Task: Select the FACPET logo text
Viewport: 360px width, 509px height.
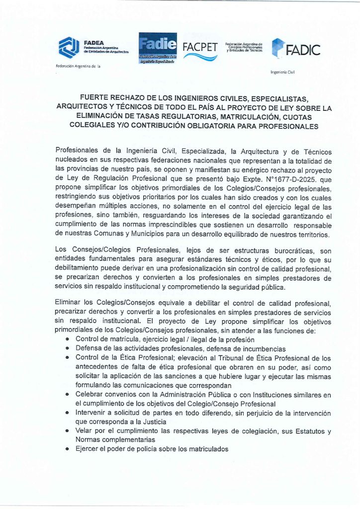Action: point(200,48)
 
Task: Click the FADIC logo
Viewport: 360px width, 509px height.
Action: point(296,49)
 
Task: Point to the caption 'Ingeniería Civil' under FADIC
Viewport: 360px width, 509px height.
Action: point(283,72)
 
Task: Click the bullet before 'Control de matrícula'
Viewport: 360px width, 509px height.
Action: point(68,339)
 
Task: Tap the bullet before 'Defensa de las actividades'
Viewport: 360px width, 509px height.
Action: point(68,348)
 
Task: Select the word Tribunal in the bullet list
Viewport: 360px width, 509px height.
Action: point(224,357)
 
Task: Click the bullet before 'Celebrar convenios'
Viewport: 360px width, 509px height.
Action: point(68,394)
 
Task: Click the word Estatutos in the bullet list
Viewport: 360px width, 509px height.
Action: point(298,430)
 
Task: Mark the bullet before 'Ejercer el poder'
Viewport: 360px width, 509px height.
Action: point(68,449)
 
